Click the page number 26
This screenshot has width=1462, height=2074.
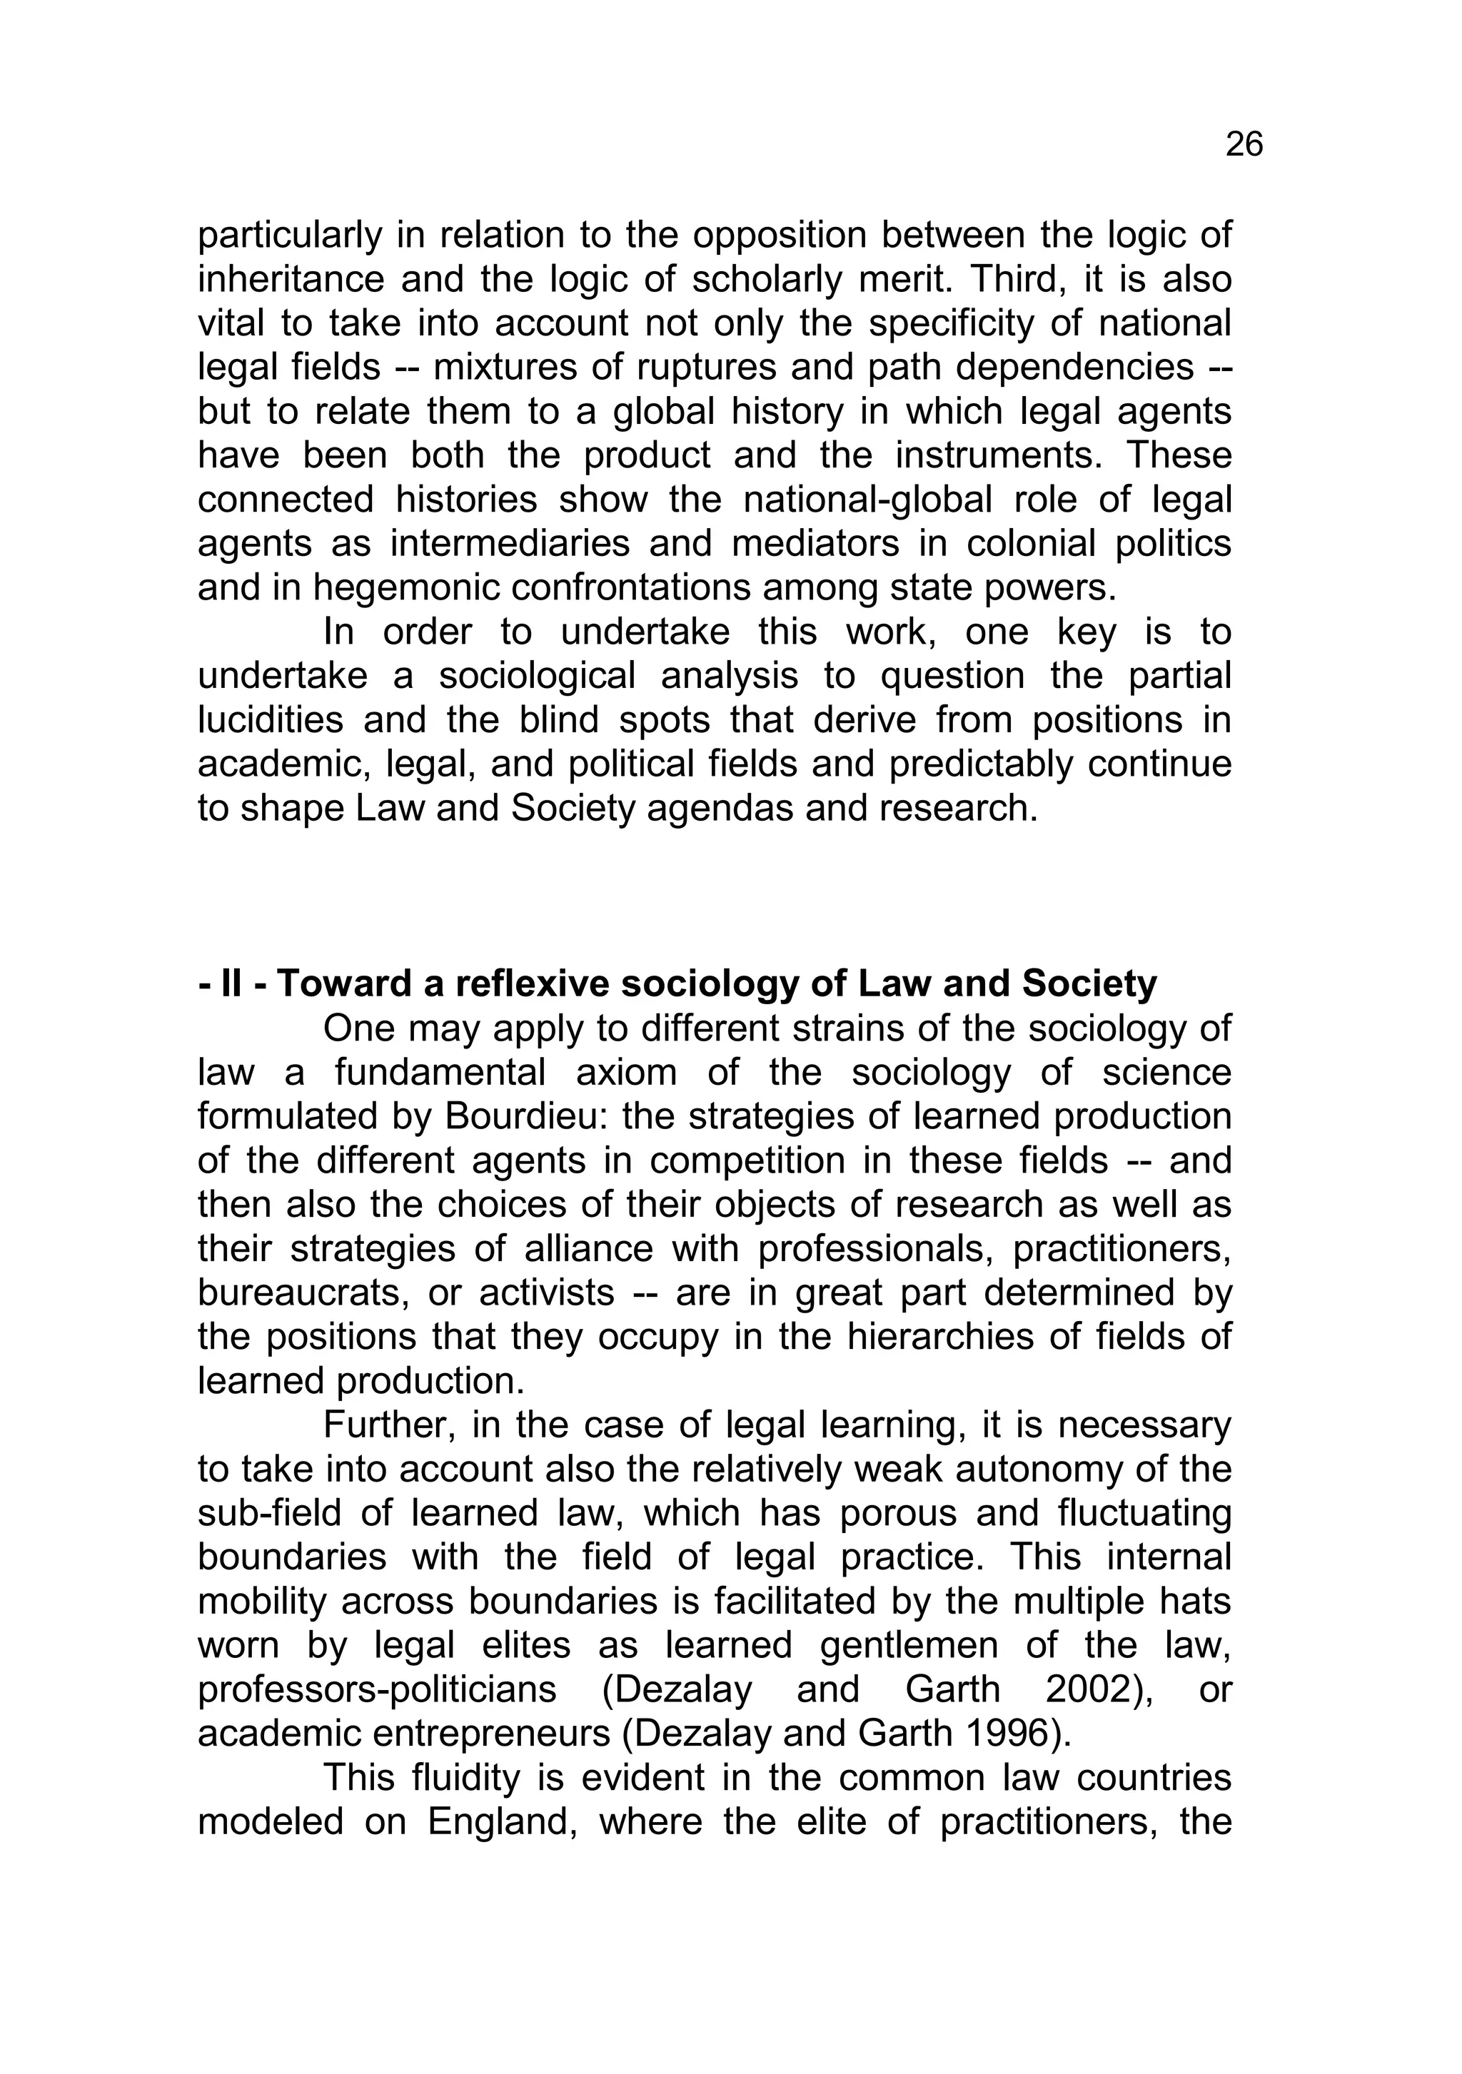click(1244, 145)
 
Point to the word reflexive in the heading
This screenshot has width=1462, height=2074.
click(523, 983)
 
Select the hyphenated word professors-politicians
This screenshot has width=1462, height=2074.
click(377, 1689)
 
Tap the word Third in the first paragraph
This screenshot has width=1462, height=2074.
click(1009, 279)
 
